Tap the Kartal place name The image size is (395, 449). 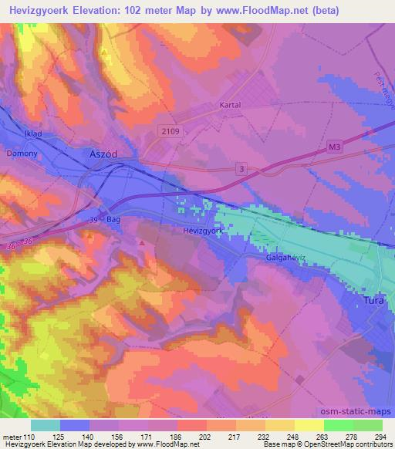pos(229,105)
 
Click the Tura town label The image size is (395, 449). pos(373,303)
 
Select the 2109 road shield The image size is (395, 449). pos(170,132)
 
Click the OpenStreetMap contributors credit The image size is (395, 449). pos(353,445)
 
